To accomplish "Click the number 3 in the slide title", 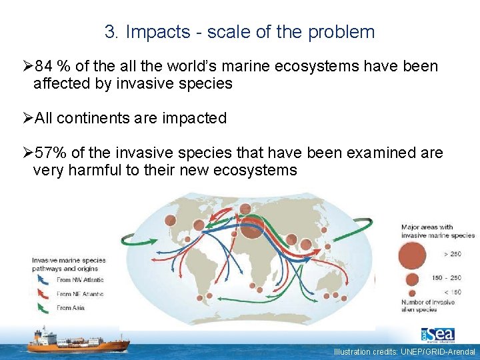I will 110,32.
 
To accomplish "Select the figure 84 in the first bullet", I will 45,67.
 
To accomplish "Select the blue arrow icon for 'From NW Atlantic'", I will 43,279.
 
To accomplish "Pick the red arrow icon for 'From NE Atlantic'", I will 43,293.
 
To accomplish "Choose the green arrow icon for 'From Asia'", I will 43,307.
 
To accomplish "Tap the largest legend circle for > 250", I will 413,254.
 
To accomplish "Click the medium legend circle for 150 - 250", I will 413,279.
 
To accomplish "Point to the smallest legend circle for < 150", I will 413,292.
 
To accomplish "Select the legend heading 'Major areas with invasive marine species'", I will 437,231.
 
